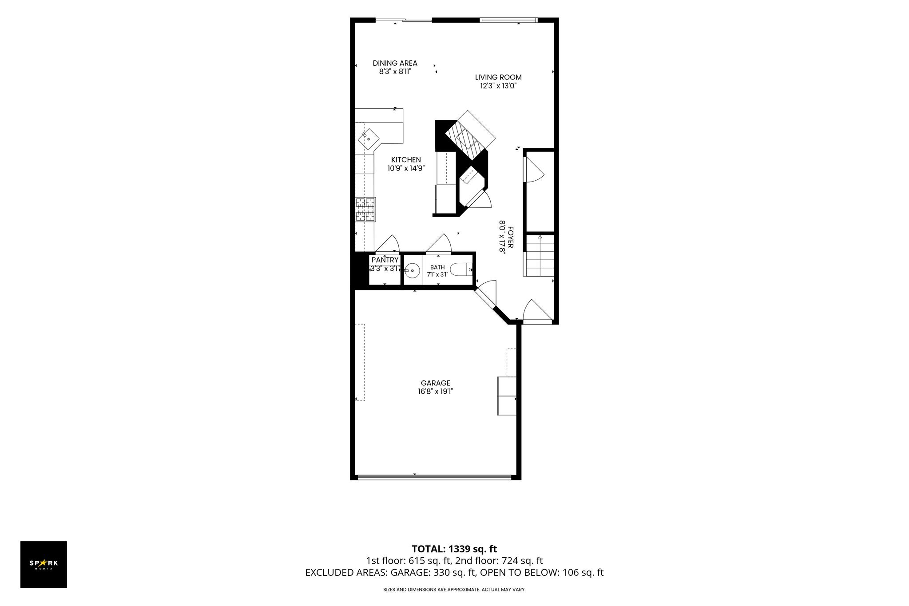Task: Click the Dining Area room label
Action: [x=395, y=63]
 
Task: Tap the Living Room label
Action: [x=498, y=77]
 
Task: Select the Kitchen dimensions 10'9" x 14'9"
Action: [x=406, y=169]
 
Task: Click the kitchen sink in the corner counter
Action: [x=369, y=139]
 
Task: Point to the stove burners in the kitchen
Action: [x=365, y=210]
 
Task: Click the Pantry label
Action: [x=385, y=260]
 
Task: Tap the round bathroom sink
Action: [x=413, y=270]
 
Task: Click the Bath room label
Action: [x=437, y=267]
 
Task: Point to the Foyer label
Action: [x=511, y=238]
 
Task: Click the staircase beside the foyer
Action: [x=540, y=256]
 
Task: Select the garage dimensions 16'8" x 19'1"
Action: [x=436, y=392]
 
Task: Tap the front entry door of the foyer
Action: [x=538, y=311]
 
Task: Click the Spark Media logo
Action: [x=44, y=564]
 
